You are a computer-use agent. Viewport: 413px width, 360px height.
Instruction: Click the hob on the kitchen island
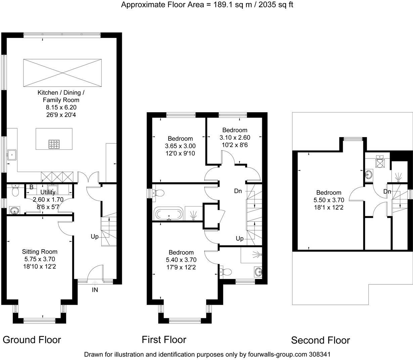(54, 144)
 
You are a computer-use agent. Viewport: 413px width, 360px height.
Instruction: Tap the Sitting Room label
(40, 252)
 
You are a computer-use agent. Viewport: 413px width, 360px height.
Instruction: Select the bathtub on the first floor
(169, 214)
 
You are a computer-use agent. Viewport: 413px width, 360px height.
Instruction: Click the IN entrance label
(95, 290)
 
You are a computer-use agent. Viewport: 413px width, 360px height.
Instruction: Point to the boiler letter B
(32, 187)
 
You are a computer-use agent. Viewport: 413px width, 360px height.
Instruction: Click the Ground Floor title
(32, 340)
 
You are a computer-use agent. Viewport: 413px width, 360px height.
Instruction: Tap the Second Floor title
(321, 340)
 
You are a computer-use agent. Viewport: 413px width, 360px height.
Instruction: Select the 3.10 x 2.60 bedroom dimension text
(235, 137)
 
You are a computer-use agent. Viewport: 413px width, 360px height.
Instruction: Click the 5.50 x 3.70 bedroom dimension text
(329, 200)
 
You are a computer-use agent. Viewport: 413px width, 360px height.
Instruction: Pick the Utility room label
(48, 192)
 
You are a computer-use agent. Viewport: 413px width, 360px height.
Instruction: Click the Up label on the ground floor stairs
(95, 237)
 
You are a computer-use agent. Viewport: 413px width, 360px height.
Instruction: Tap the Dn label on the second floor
(387, 191)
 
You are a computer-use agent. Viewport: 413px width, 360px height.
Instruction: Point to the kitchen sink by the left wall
(12, 155)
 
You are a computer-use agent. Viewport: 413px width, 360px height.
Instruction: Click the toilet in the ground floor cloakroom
(15, 190)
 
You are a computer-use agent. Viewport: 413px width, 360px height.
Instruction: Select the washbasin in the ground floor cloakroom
(15, 210)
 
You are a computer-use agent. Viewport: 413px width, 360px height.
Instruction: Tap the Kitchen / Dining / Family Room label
(61, 96)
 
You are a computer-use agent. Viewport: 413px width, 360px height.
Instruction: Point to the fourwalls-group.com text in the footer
(278, 354)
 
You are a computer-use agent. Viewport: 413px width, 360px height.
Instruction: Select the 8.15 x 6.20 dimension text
(61, 107)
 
